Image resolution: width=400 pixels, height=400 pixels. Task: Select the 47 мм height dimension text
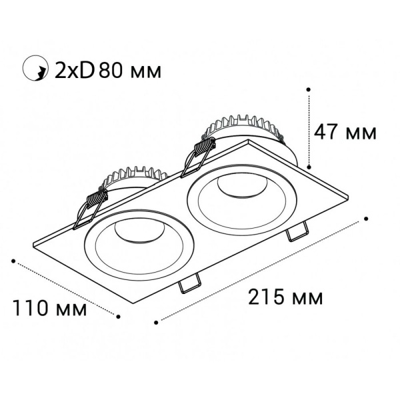(x=345, y=132)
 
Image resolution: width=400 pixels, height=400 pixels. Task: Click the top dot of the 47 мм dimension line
(x=309, y=88)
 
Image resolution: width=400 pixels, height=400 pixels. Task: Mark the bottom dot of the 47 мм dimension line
(x=309, y=166)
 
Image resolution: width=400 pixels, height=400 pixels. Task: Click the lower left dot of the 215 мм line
(x=155, y=322)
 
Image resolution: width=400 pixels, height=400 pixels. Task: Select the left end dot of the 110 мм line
(x=14, y=261)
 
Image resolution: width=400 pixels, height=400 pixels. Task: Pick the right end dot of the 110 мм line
(x=119, y=317)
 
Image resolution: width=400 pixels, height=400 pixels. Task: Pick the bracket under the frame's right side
(x=296, y=233)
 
